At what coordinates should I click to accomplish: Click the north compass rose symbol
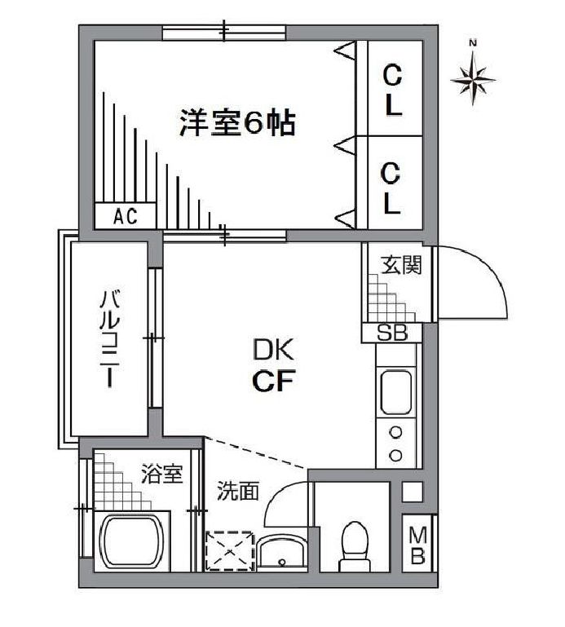pos(474,78)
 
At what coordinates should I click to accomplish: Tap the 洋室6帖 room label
pos(237,124)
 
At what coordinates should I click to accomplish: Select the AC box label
pos(125,216)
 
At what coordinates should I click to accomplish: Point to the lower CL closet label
pos(393,187)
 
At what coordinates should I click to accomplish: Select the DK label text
pos(271,351)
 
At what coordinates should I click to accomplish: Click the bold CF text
pos(271,382)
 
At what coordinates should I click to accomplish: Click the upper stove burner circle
pos(396,432)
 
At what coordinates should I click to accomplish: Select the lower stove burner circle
pos(396,453)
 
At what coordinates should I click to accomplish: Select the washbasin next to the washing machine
pos(282,554)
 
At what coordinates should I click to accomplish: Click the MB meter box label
pos(418,545)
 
